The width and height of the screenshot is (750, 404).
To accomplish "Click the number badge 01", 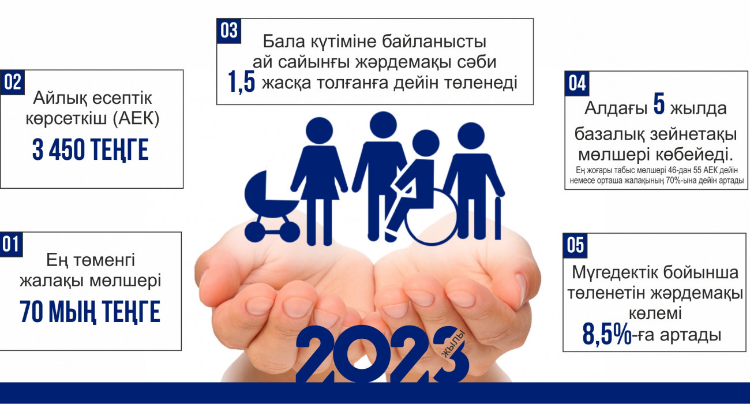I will click(11, 245).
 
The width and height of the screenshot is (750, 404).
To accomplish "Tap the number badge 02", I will click(12, 83).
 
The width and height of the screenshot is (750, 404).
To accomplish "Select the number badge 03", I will click(229, 31).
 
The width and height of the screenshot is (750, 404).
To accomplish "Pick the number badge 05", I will click(575, 245).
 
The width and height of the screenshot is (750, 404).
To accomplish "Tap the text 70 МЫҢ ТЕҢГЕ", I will click(90, 312).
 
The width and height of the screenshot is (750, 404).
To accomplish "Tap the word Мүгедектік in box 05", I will click(617, 272).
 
